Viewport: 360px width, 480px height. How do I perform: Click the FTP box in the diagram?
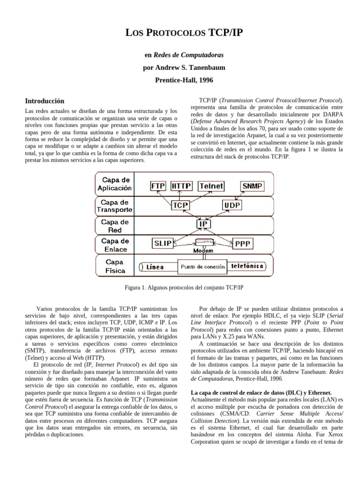[x=157, y=186]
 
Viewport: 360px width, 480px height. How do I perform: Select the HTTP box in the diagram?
[x=181, y=186]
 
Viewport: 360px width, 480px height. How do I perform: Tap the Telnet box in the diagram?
[x=211, y=186]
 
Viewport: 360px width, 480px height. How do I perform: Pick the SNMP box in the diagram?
[x=253, y=186]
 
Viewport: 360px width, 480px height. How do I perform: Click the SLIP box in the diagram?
[x=163, y=243]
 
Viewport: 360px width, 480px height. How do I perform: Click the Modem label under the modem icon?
[x=203, y=251]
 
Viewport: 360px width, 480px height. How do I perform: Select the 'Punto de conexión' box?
[x=202, y=267]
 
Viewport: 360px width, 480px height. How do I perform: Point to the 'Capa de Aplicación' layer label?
[x=114, y=184]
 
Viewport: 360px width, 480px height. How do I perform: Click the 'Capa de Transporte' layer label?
[x=114, y=206]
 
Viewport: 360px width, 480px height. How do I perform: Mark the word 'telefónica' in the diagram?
[x=247, y=266]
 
